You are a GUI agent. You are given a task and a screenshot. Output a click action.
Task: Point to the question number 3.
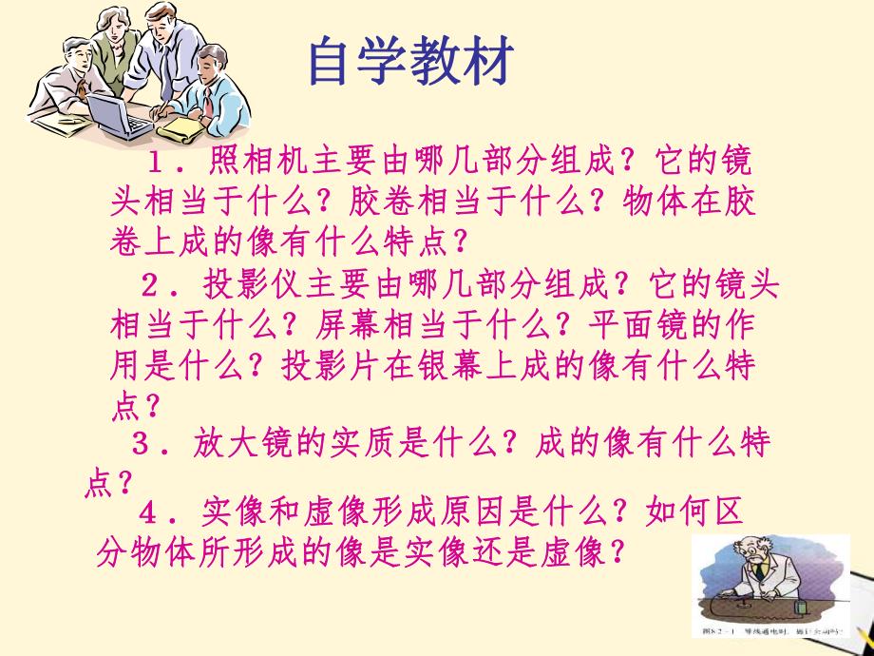[143, 443]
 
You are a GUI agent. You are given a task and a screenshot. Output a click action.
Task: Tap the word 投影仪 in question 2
[237, 284]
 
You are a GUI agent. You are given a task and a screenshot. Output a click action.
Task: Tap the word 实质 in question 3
[351, 443]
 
